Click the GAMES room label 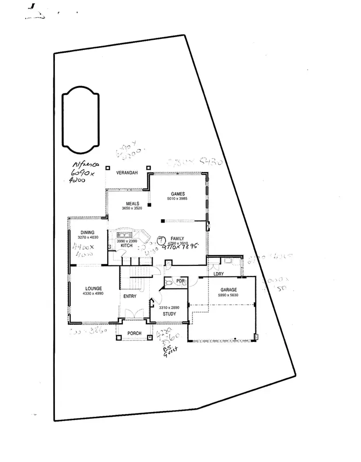point(176,194)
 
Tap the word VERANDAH point(127,173)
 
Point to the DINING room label point(87,232)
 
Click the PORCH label point(134,333)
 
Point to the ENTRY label point(129,297)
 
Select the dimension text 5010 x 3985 point(176,199)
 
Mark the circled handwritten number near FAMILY point(162,239)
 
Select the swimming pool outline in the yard point(80,118)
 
